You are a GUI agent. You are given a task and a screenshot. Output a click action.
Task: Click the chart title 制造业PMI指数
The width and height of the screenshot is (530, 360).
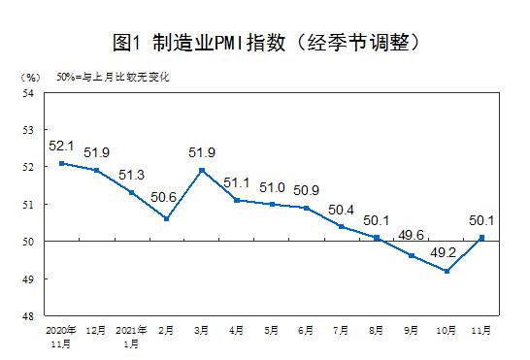265,43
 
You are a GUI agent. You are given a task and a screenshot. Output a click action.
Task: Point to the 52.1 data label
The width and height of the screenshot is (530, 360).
61,147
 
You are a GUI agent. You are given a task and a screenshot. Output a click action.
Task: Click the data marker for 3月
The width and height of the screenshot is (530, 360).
201,170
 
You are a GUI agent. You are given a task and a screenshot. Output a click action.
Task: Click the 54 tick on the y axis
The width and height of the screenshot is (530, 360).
28,92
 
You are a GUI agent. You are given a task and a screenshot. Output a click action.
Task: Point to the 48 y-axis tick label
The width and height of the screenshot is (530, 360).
28,316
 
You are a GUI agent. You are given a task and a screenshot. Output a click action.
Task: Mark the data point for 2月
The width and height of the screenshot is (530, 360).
166,219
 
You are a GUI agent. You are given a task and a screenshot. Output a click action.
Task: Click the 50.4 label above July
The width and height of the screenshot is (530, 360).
341,209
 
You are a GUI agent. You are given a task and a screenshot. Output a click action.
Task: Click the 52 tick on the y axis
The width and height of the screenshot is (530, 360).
28,167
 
